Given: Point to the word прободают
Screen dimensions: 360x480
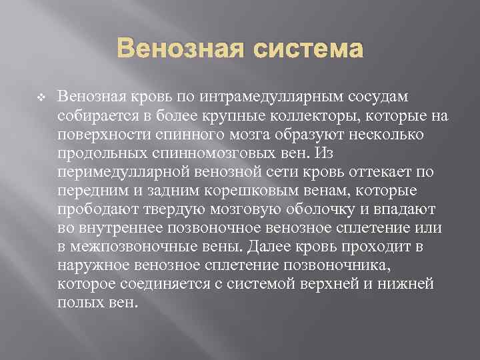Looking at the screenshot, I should point(95,209).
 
